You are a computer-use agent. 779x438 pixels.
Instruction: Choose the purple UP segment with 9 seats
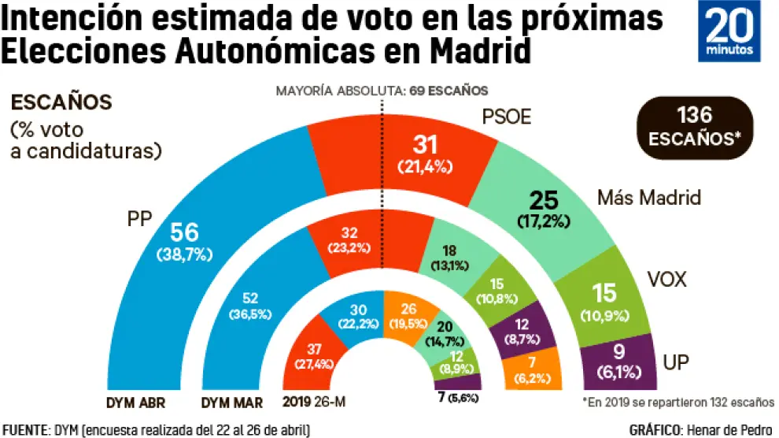[618, 363]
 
